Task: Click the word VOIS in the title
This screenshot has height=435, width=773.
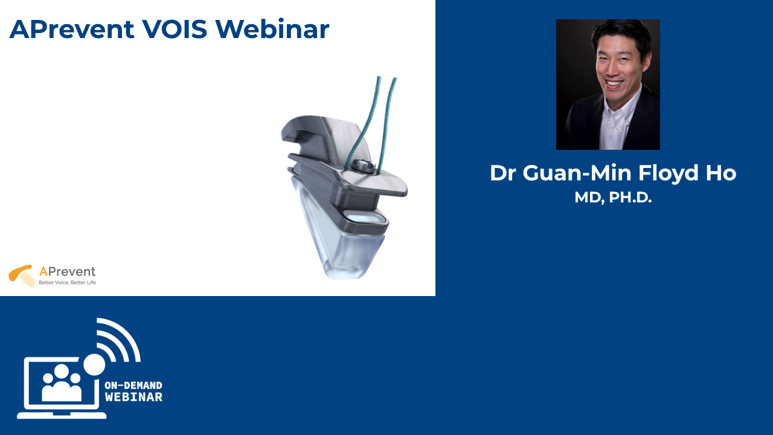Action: click(175, 29)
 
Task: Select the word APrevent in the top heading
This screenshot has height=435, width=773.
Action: click(72, 30)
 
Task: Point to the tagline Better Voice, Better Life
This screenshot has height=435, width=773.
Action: click(67, 282)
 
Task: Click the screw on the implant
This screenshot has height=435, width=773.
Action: click(364, 166)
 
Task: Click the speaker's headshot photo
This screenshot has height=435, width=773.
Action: click(608, 85)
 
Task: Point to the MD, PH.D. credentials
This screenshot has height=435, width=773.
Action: click(613, 198)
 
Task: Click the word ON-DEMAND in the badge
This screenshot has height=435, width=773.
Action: click(133, 385)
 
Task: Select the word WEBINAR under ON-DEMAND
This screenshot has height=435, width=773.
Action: click(133, 397)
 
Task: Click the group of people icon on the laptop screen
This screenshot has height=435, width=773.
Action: click(62, 383)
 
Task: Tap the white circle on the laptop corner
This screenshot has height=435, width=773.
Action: click(94, 364)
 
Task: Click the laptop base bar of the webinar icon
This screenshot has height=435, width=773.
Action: click(62, 415)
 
